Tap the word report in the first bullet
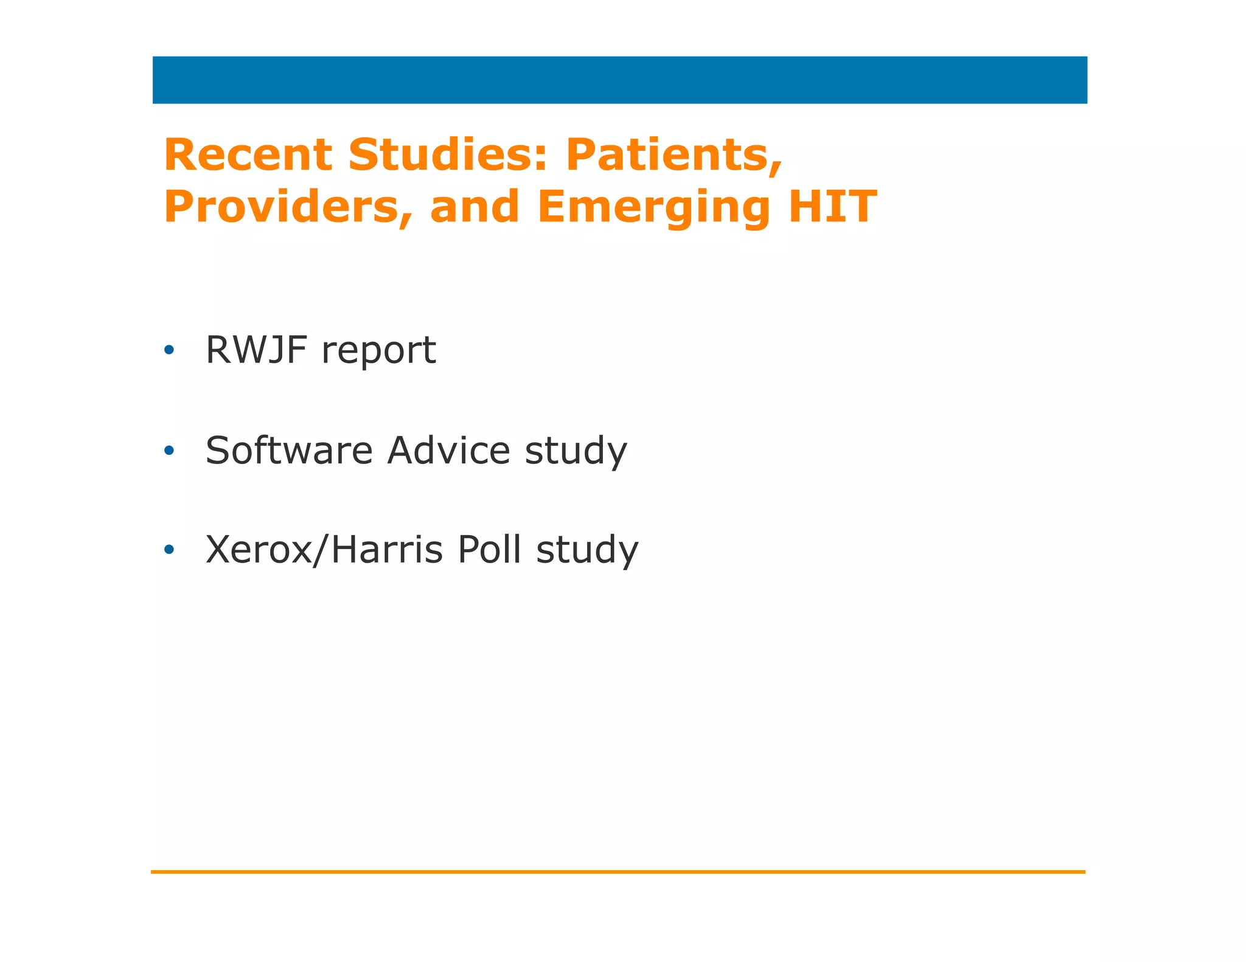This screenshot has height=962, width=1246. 378,351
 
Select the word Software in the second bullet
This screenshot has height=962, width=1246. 289,451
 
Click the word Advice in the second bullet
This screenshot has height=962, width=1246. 449,451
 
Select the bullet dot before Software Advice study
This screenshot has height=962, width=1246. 169,451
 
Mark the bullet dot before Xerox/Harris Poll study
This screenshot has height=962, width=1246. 169,550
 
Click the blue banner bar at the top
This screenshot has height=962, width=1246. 619,80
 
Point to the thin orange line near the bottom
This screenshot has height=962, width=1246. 618,872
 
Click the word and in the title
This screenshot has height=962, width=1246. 475,207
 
